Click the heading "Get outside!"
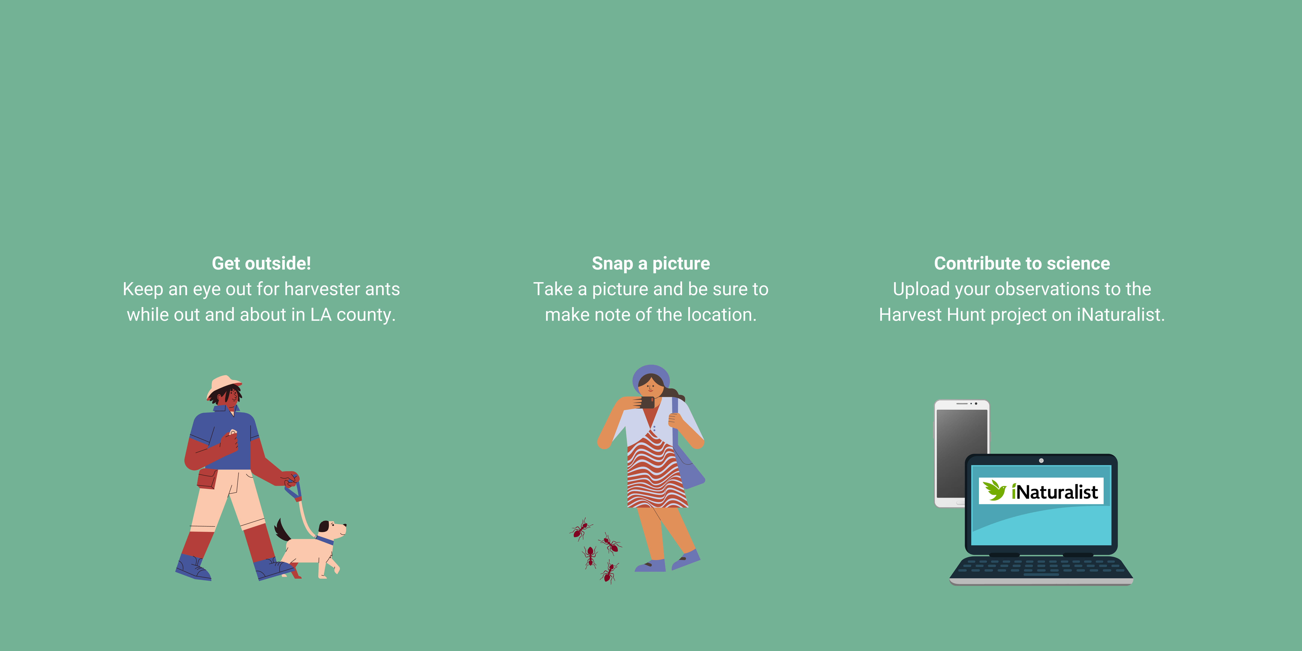click(261, 263)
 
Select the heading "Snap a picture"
click(651, 263)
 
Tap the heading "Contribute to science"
click(1022, 263)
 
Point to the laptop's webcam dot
click(1041, 460)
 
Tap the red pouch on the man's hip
click(207, 478)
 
